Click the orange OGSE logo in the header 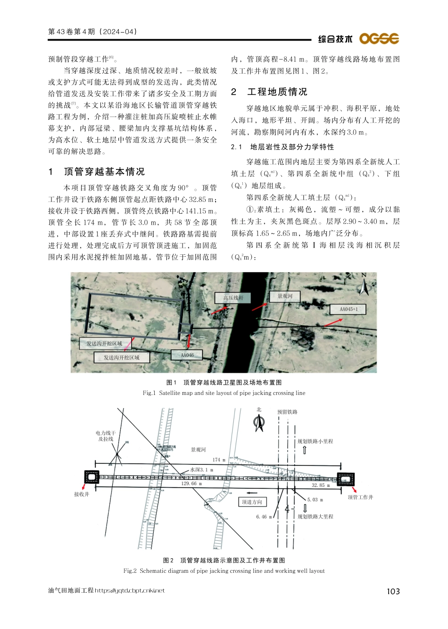[x=379, y=39]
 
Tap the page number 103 [x=393, y=591]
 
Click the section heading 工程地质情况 [x=277, y=92]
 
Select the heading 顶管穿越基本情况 [x=104, y=172]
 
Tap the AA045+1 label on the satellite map [x=348, y=309]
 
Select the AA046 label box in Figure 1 [x=187, y=355]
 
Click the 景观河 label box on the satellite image [x=285, y=296]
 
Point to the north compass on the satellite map [x=364, y=285]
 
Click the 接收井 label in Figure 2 [x=82, y=494]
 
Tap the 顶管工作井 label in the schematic [x=360, y=497]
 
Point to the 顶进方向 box [x=252, y=502]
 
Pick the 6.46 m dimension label [x=264, y=517]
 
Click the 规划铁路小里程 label [x=315, y=441]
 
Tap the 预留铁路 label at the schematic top [x=287, y=412]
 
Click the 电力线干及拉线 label [x=106, y=436]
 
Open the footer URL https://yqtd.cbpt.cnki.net [x=130, y=590]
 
